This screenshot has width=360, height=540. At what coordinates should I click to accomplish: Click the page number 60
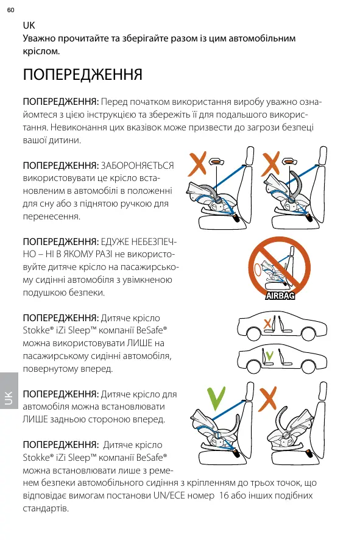(11, 10)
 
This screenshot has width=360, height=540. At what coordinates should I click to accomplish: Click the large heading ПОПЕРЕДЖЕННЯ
(83, 74)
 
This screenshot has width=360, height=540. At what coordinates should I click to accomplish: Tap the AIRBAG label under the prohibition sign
(280, 296)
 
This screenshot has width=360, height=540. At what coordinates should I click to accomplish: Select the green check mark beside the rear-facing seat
(216, 398)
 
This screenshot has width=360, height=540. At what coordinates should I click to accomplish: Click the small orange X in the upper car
(267, 324)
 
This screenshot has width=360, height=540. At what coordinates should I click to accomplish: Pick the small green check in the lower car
(270, 355)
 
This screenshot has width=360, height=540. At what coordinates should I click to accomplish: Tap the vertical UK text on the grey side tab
(9, 398)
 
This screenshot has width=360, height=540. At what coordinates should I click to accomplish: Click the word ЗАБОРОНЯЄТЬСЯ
(137, 166)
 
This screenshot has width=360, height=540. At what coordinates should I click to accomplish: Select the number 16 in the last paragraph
(224, 496)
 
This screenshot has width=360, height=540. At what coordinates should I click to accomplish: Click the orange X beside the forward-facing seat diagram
(268, 399)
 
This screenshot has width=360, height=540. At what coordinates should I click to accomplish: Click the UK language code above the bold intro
(29, 26)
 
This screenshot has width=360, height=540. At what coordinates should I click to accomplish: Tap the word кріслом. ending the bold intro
(41, 51)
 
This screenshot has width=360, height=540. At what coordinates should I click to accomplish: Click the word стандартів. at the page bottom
(46, 509)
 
